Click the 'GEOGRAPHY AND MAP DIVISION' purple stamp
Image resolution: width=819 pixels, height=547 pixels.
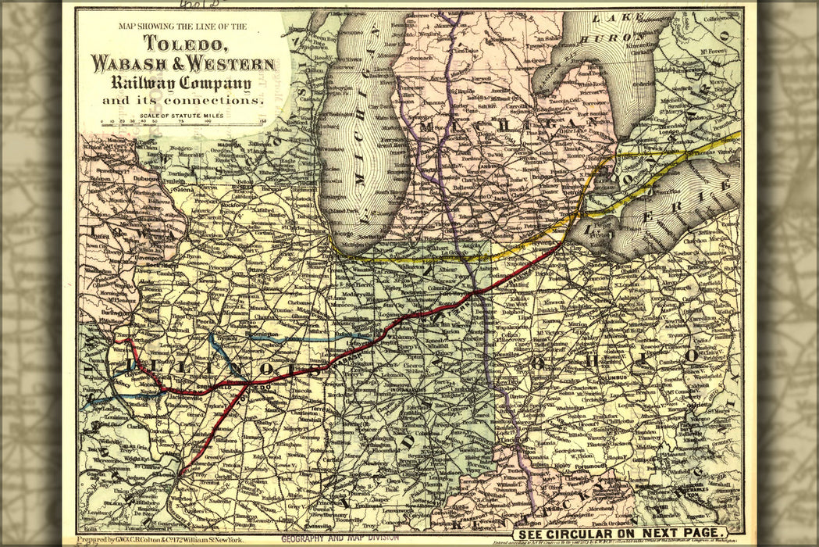pos(340,538)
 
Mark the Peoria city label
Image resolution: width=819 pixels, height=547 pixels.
pos(205,320)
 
